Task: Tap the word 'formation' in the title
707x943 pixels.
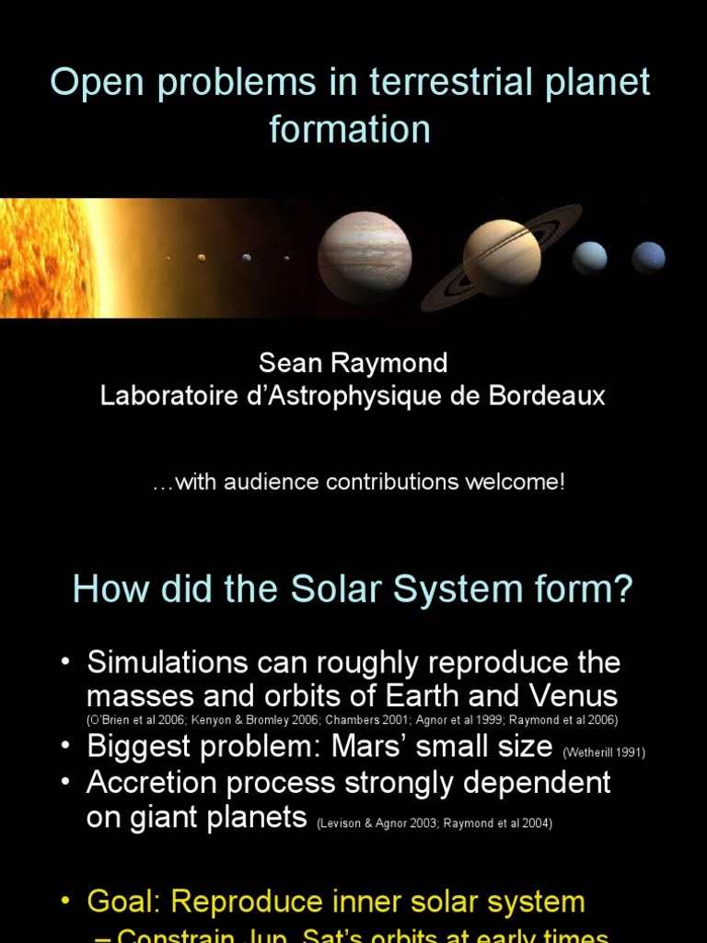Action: (x=350, y=129)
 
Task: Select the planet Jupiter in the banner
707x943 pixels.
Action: (x=365, y=258)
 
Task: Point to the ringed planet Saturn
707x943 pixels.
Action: (x=502, y=257)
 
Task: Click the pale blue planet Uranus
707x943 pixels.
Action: (x=590, y=258)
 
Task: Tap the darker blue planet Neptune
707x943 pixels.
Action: (x=649, y=258)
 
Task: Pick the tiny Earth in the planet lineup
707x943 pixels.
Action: (x=246, y=258)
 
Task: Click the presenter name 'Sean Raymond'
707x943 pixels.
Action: (x=353, y=363)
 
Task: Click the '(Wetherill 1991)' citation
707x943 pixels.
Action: (x=605, y=752)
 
